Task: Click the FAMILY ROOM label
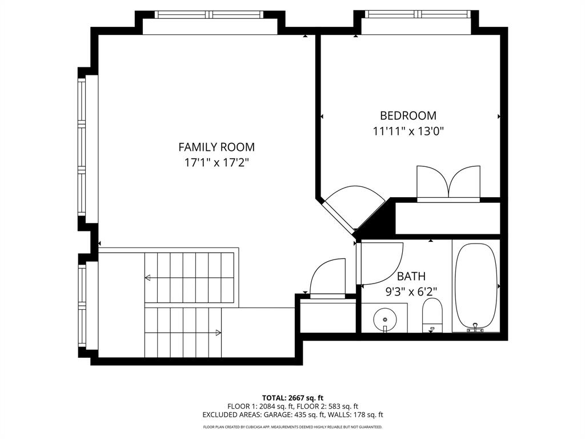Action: (217, 147)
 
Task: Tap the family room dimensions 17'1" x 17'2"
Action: (217, 162)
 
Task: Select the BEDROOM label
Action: (408, 115)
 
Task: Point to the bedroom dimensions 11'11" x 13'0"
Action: (408, 131)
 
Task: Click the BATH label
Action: (411, 277)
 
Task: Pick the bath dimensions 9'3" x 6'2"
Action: (411, 291)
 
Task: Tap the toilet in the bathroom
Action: (432, 316)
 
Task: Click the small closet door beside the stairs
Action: (328, 278)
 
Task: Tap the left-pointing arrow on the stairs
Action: (148, 278)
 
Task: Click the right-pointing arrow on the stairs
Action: (218, 332)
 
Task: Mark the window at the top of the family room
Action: (209, 14)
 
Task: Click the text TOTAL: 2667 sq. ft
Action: (292, 397)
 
